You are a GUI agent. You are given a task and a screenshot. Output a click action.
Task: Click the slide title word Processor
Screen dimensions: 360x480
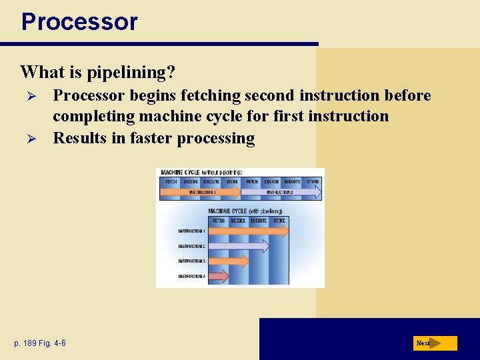click(79, 21)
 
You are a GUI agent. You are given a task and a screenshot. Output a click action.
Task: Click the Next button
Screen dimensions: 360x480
click(435, 343)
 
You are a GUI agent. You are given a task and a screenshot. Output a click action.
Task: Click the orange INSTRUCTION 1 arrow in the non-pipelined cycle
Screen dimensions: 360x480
click(200, 192)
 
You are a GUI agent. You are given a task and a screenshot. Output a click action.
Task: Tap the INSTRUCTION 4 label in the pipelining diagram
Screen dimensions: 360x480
click(191, 276)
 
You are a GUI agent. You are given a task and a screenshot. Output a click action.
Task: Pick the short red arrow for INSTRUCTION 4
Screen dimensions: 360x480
click(219, 276)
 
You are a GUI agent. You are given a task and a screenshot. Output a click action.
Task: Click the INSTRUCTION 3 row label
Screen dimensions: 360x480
click(191, 261)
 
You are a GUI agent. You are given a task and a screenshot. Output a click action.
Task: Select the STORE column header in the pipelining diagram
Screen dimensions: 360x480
click(279, 221)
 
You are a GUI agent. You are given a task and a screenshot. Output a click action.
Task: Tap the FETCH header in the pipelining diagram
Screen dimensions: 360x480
click(218, 221)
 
